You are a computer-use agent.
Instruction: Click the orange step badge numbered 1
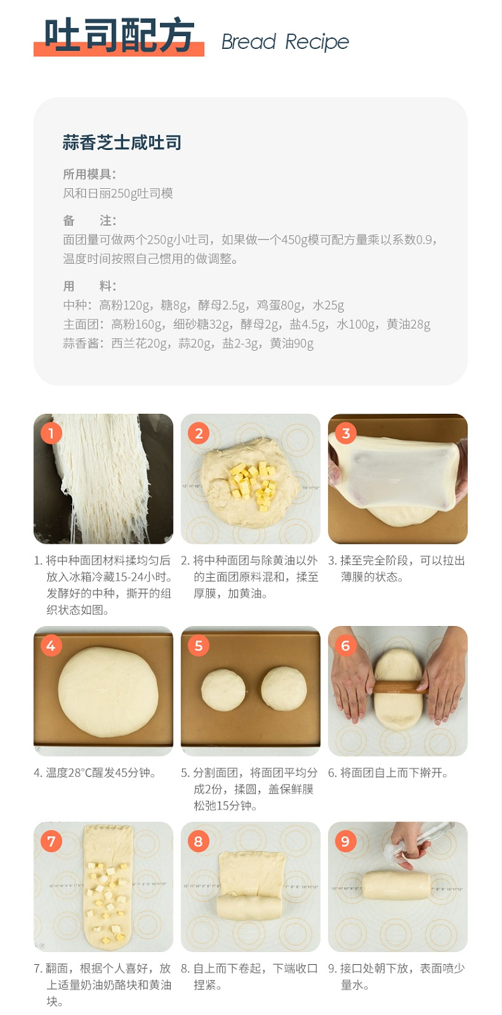(x=51, y=434)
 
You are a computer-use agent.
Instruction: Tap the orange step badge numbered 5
(x=198, y=645)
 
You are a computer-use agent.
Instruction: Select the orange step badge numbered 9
(x=345, y=842)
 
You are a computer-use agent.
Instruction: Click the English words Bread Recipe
(x=285, y=42)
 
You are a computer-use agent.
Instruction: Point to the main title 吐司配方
(x=119, y=35)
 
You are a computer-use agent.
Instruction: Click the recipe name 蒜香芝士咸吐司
(x=122, y=143)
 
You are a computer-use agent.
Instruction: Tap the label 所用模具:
(x=89, y=174)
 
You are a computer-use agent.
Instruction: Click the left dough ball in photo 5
(x=224, y=690)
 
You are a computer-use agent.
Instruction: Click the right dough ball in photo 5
(x=284, y=689)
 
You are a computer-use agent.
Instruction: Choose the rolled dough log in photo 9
(x=396, y=885)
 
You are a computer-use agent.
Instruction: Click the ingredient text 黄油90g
(x=292, y=343)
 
